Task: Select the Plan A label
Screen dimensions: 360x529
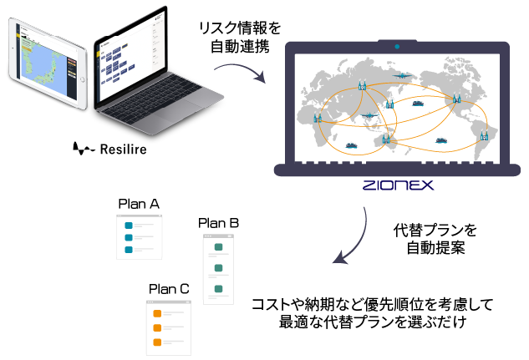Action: point(139,203)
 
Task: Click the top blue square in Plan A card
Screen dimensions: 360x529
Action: point(128,226)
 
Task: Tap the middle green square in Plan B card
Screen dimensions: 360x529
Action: point(218,268)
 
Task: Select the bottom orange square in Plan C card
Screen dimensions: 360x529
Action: point(155,341)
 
